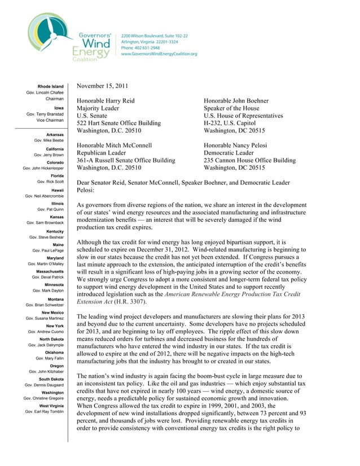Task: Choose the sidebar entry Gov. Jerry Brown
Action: pos(49,155)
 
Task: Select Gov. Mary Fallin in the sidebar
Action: pos(50,358)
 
